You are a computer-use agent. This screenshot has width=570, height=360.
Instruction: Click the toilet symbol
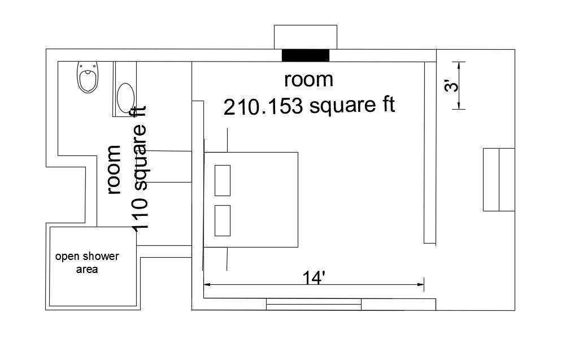88,77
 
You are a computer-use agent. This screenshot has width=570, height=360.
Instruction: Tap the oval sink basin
126,98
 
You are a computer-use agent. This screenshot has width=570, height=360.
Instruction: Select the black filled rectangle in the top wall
306,55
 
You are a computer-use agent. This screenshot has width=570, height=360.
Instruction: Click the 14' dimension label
314,278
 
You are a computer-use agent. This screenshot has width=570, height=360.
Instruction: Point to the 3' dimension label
452,86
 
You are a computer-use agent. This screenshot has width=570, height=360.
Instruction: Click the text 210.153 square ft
309,106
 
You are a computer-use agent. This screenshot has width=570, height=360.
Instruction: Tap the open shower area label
87,263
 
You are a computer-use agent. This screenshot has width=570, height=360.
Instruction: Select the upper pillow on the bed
223,180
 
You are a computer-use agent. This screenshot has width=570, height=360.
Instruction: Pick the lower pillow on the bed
223,220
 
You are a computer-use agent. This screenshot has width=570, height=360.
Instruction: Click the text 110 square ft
140,169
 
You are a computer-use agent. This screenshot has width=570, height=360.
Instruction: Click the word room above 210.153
308,80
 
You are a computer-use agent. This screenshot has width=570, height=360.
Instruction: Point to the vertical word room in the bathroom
114,170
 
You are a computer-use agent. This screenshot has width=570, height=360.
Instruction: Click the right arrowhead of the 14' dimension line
421,285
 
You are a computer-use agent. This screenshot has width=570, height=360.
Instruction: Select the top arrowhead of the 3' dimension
459,65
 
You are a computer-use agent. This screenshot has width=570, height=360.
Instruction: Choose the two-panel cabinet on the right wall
499,180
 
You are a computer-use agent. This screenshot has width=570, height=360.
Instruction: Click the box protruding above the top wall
306,37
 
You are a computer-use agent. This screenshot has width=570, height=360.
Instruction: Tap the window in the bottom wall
314,305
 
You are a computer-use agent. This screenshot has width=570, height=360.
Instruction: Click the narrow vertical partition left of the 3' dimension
430,153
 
